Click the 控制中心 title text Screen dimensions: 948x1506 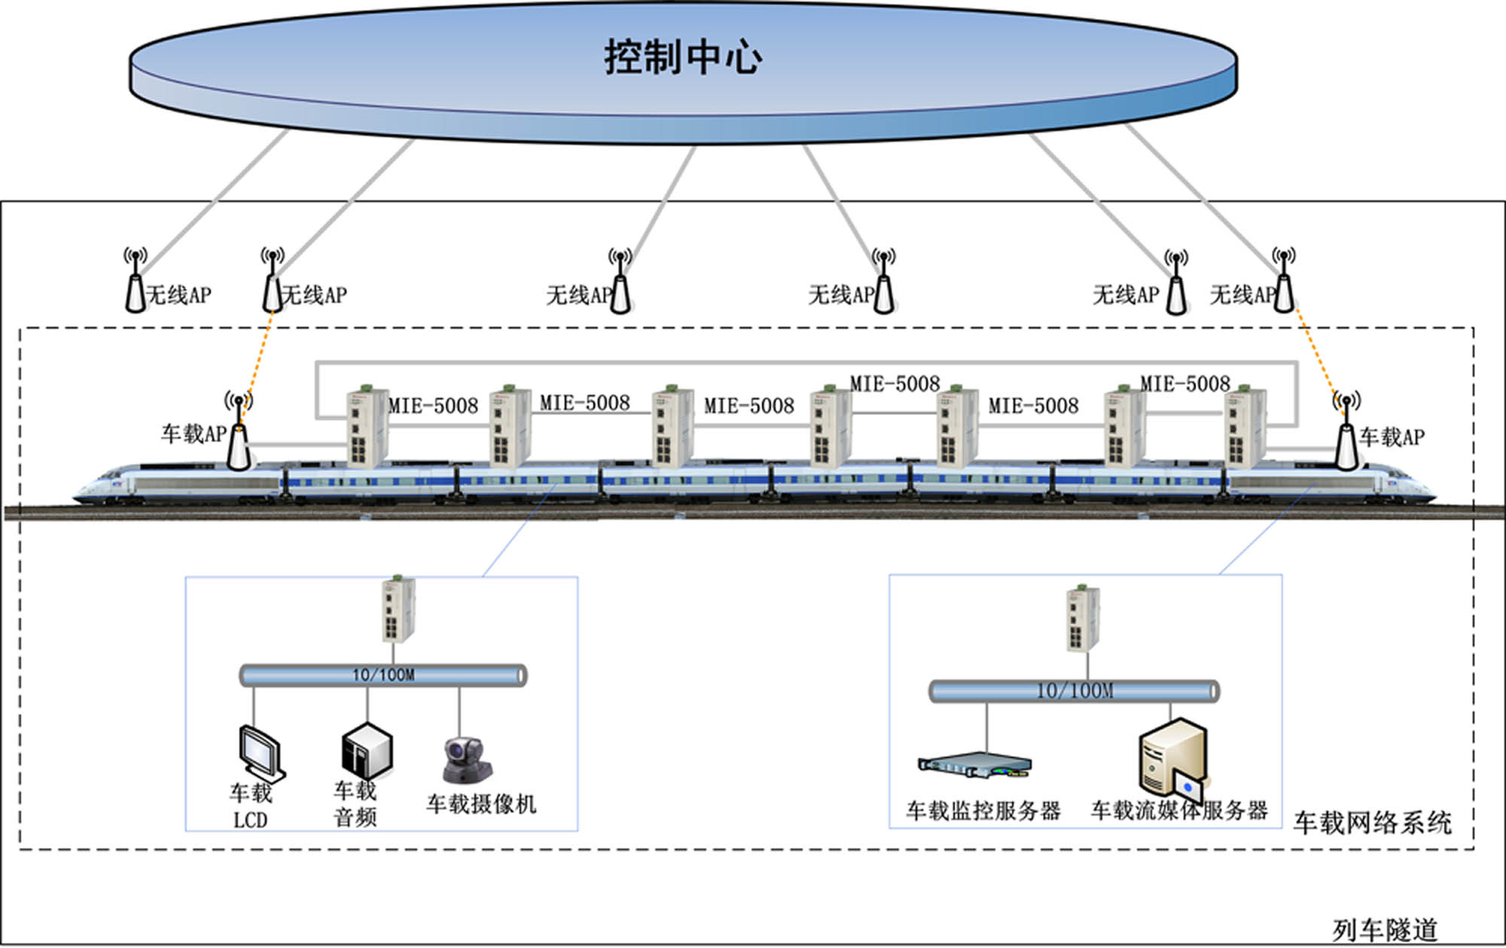coord(682,57)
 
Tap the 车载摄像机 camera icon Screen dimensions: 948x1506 coord(466,761)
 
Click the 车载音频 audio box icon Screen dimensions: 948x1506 coord(366,751)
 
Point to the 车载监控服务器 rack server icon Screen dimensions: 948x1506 coord(974,766)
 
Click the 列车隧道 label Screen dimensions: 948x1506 coord(1385,930)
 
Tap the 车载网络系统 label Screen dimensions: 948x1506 coord(1372,822)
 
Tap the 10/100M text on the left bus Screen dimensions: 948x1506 coord(383,675)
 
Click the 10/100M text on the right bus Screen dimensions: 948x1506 coord(1075,690)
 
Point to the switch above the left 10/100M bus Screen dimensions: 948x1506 coord(398,610)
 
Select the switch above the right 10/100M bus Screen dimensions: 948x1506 coord(1083,618)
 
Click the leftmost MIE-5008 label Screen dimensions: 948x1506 coord(433,407)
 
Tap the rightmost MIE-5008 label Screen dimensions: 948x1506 coord(1184,384)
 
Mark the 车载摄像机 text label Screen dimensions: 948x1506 coord(481,804)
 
